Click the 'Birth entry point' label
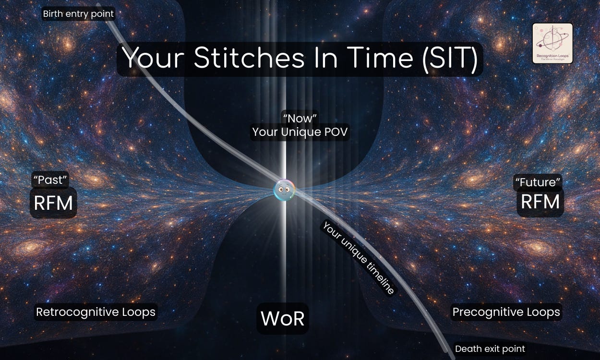click(78, 14)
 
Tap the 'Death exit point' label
click(490, 349)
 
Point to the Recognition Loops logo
click(552, 44)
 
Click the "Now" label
click(300, 119)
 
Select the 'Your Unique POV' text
click(300, 132)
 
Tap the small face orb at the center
click(284, 191)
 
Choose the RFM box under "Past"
click(53, 203)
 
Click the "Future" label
click(538, 183)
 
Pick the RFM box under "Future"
click(540, 202)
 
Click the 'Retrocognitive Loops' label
click(96, 312)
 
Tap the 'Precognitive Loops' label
click(506, 312)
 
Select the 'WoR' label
click(283, 318)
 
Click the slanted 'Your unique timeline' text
click(358, 258)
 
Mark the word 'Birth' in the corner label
click(52, 14)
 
